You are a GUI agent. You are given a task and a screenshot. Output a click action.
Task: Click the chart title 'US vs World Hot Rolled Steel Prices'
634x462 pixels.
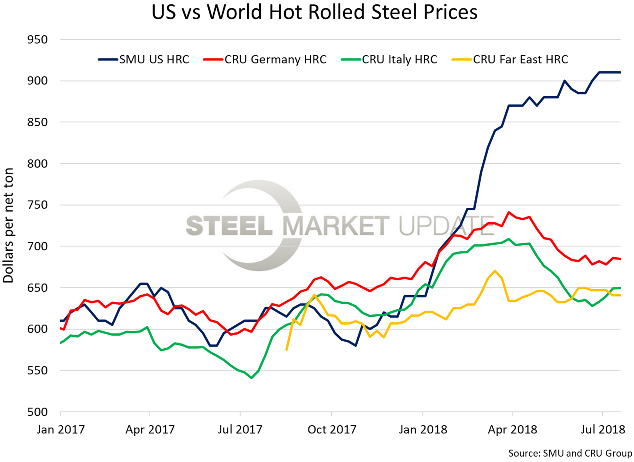tap(314, 12)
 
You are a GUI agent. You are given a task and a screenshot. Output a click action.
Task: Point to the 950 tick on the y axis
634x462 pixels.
tap(38, 40)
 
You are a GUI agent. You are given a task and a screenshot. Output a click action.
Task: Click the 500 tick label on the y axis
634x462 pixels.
tap(38, 412)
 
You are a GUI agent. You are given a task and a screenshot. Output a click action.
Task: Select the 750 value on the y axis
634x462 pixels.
tap(38, 205)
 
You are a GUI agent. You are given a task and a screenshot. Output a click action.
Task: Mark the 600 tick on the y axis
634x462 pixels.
tap(38, 329)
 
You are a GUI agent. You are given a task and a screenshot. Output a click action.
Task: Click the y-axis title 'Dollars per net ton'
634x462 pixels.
tap(8, 225)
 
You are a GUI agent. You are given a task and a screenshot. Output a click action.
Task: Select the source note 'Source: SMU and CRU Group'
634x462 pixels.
tap(570, 454)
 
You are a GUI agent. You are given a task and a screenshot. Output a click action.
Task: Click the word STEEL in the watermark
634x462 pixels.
tap(229, 226)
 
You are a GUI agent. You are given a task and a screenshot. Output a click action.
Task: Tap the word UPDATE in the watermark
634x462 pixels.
tap(446, 226)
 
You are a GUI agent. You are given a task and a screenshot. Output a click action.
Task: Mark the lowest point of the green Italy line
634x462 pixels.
tap(251, 378)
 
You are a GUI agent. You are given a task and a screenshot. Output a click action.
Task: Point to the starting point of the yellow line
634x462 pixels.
tap(286, 350)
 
